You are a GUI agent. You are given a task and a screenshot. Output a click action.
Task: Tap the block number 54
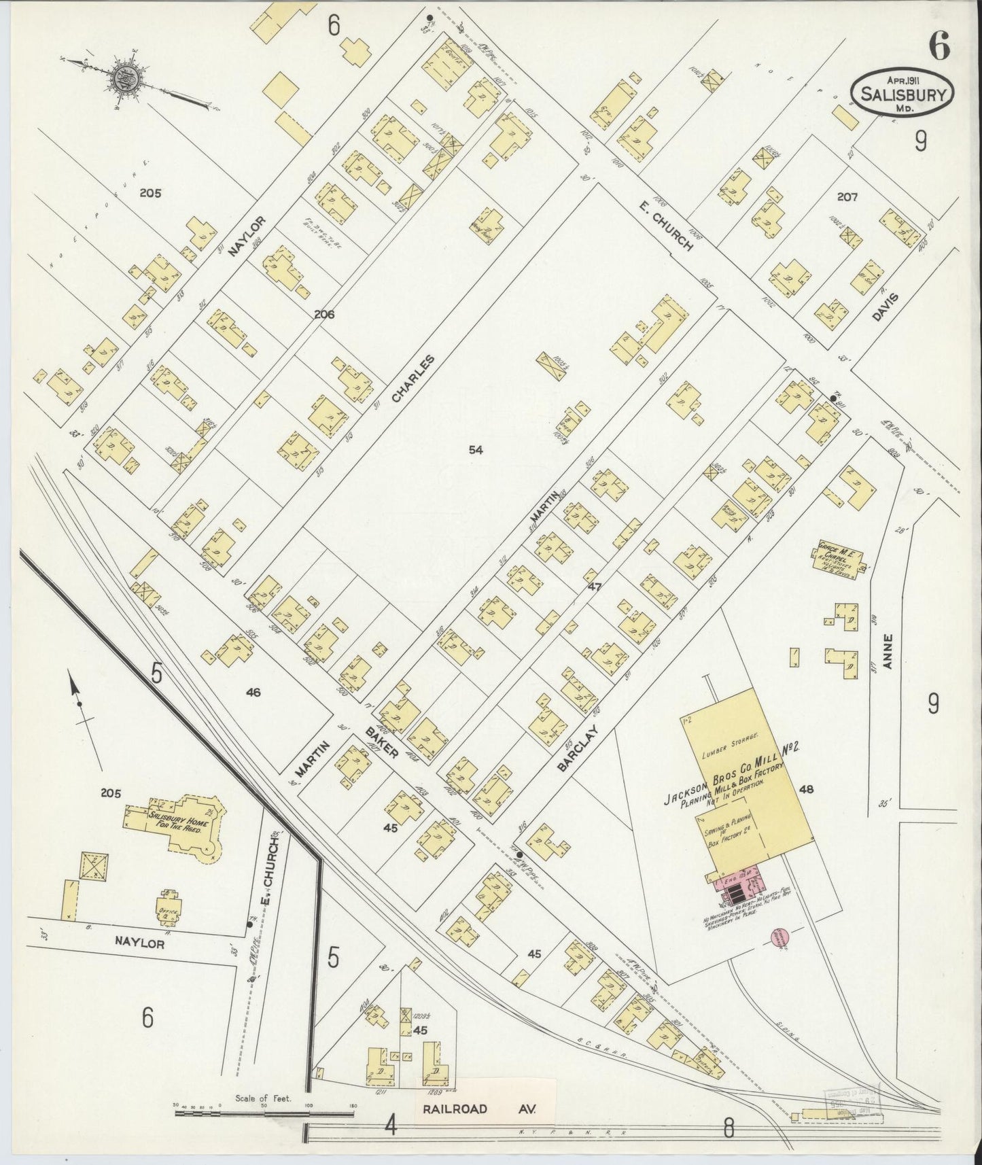tap(476, 449)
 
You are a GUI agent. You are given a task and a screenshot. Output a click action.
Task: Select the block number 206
tap(323, 314)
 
